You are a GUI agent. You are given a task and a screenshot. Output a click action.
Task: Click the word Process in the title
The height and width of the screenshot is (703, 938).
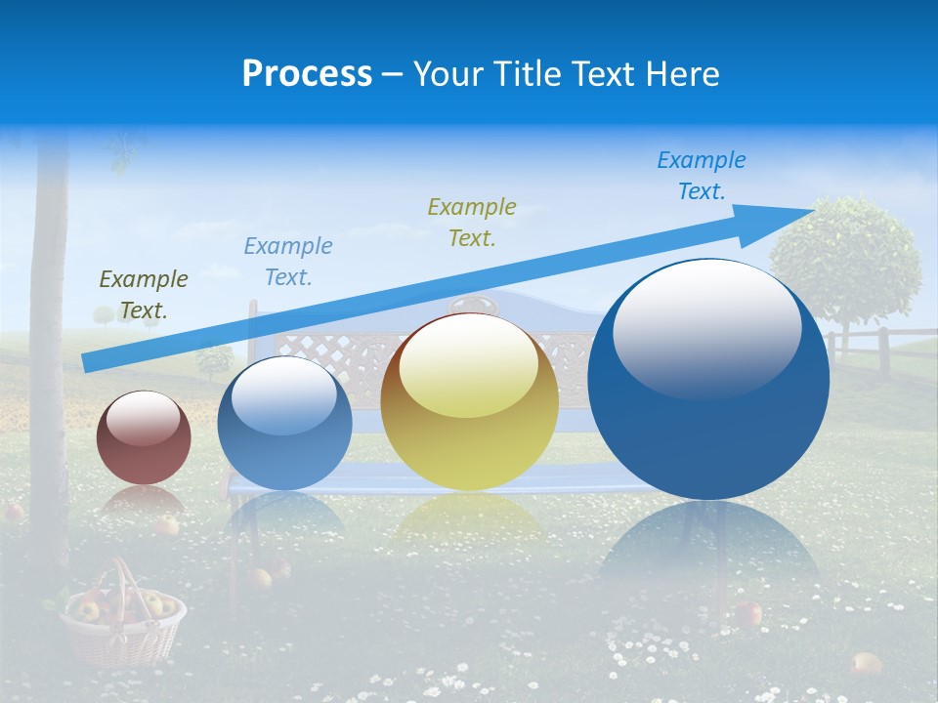(307, 74)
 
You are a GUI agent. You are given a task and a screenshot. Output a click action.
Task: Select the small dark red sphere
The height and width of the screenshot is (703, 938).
(144, 438)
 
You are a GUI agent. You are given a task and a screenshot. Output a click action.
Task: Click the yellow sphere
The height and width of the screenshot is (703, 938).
(469, 402)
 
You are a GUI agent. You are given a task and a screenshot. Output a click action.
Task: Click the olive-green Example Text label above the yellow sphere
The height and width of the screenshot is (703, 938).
(472, 222)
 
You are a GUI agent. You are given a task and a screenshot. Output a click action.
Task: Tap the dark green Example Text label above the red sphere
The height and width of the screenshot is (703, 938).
(144, 294)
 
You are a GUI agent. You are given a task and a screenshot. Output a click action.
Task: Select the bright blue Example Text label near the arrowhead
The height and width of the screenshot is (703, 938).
(701, 175)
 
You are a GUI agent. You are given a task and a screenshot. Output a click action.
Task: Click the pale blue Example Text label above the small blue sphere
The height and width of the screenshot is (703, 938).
(288, 261)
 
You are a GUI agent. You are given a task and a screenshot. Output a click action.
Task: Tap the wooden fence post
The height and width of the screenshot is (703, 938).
(883, 351)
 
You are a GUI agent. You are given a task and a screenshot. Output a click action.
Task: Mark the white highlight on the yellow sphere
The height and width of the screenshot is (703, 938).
(468, 363)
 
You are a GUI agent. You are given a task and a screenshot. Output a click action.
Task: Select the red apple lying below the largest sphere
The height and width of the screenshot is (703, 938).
(748, 613)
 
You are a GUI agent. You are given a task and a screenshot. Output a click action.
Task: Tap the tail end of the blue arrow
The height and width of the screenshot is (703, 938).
(86, 363)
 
